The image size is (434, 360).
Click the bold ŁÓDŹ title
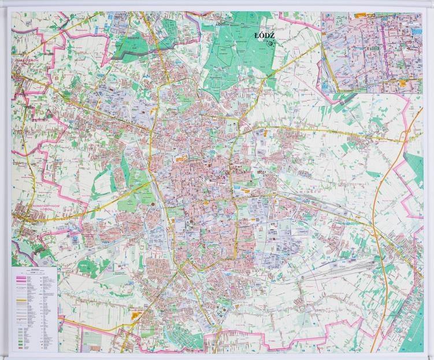(265, 36)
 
